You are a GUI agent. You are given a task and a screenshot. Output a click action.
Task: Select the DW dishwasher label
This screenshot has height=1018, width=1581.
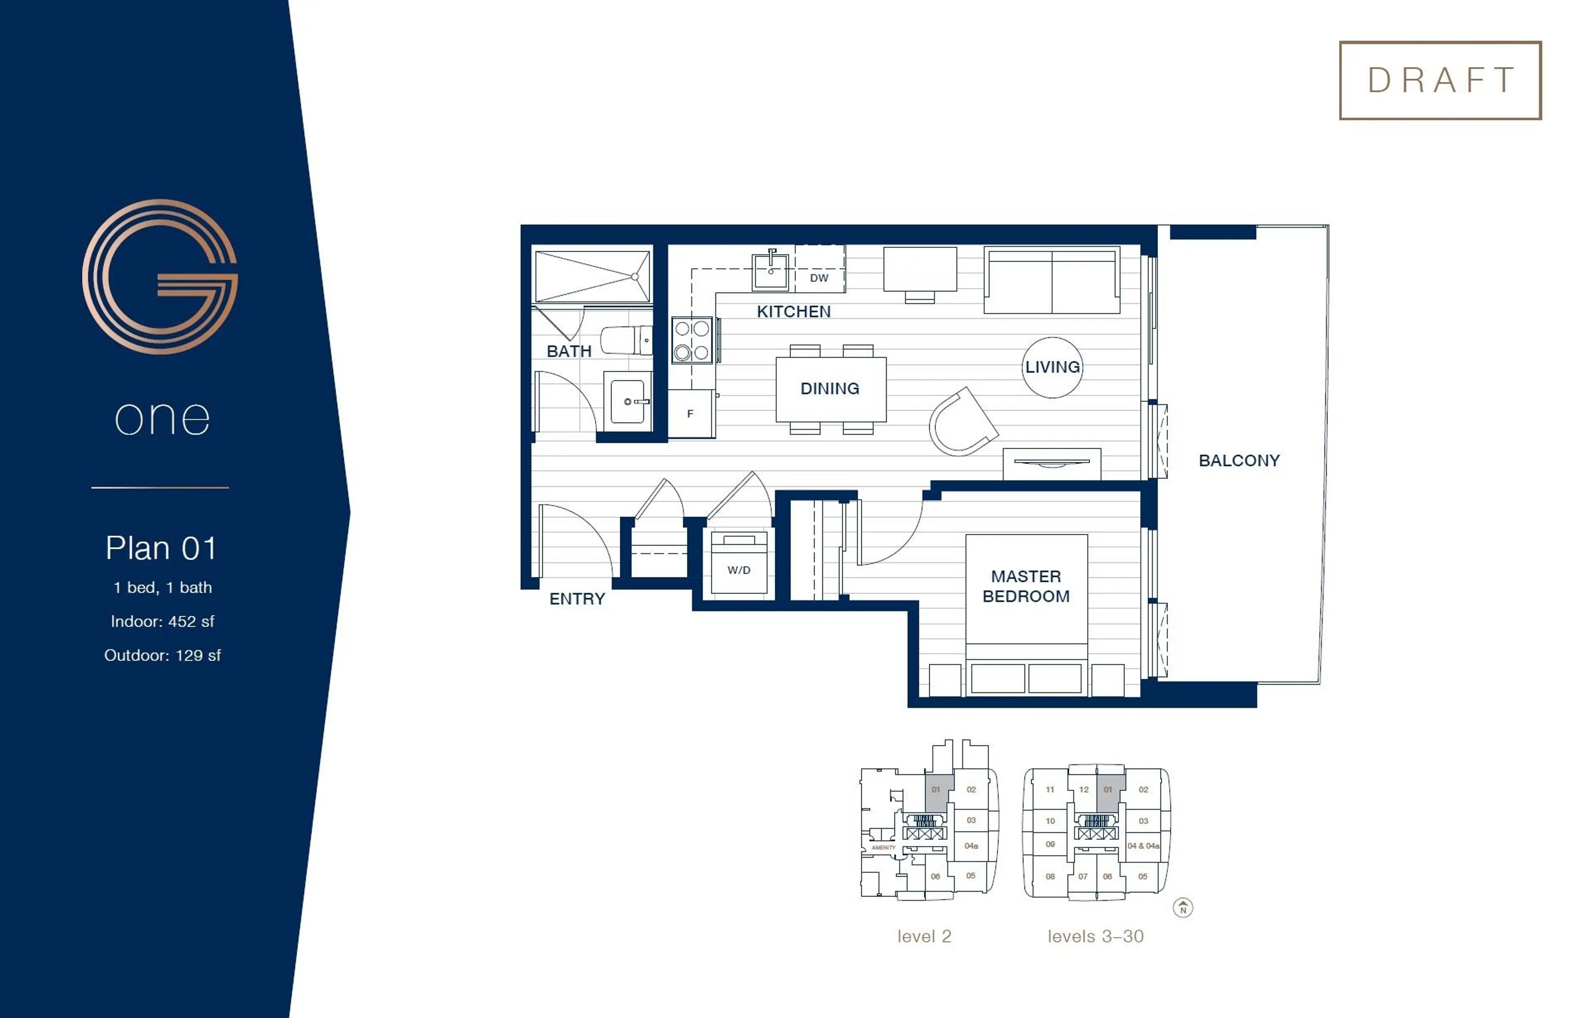pos(819,278)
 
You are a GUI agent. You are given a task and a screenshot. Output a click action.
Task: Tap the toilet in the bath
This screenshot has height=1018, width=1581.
pos(625,341)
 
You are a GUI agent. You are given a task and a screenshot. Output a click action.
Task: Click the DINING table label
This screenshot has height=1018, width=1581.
pos(830,389)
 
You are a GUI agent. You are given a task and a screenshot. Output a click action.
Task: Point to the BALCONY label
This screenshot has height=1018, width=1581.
pos(1239,460)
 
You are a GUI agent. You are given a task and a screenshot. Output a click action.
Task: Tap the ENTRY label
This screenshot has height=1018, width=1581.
pos(577,599)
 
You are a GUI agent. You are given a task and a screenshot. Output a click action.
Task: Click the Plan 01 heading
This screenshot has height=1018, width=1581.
pos(161,548)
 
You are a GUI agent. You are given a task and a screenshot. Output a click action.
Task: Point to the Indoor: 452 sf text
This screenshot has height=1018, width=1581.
pos(162,621)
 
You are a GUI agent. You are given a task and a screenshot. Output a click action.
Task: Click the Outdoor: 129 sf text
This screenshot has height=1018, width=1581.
pos(162,655)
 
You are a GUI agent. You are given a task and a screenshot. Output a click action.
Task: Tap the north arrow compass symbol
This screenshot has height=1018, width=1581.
pos(1183,908)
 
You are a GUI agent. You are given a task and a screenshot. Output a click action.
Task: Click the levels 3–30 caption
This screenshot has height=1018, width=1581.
pos(1096,936)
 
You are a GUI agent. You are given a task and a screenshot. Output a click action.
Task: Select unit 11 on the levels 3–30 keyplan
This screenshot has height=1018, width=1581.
pos(1050,789)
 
